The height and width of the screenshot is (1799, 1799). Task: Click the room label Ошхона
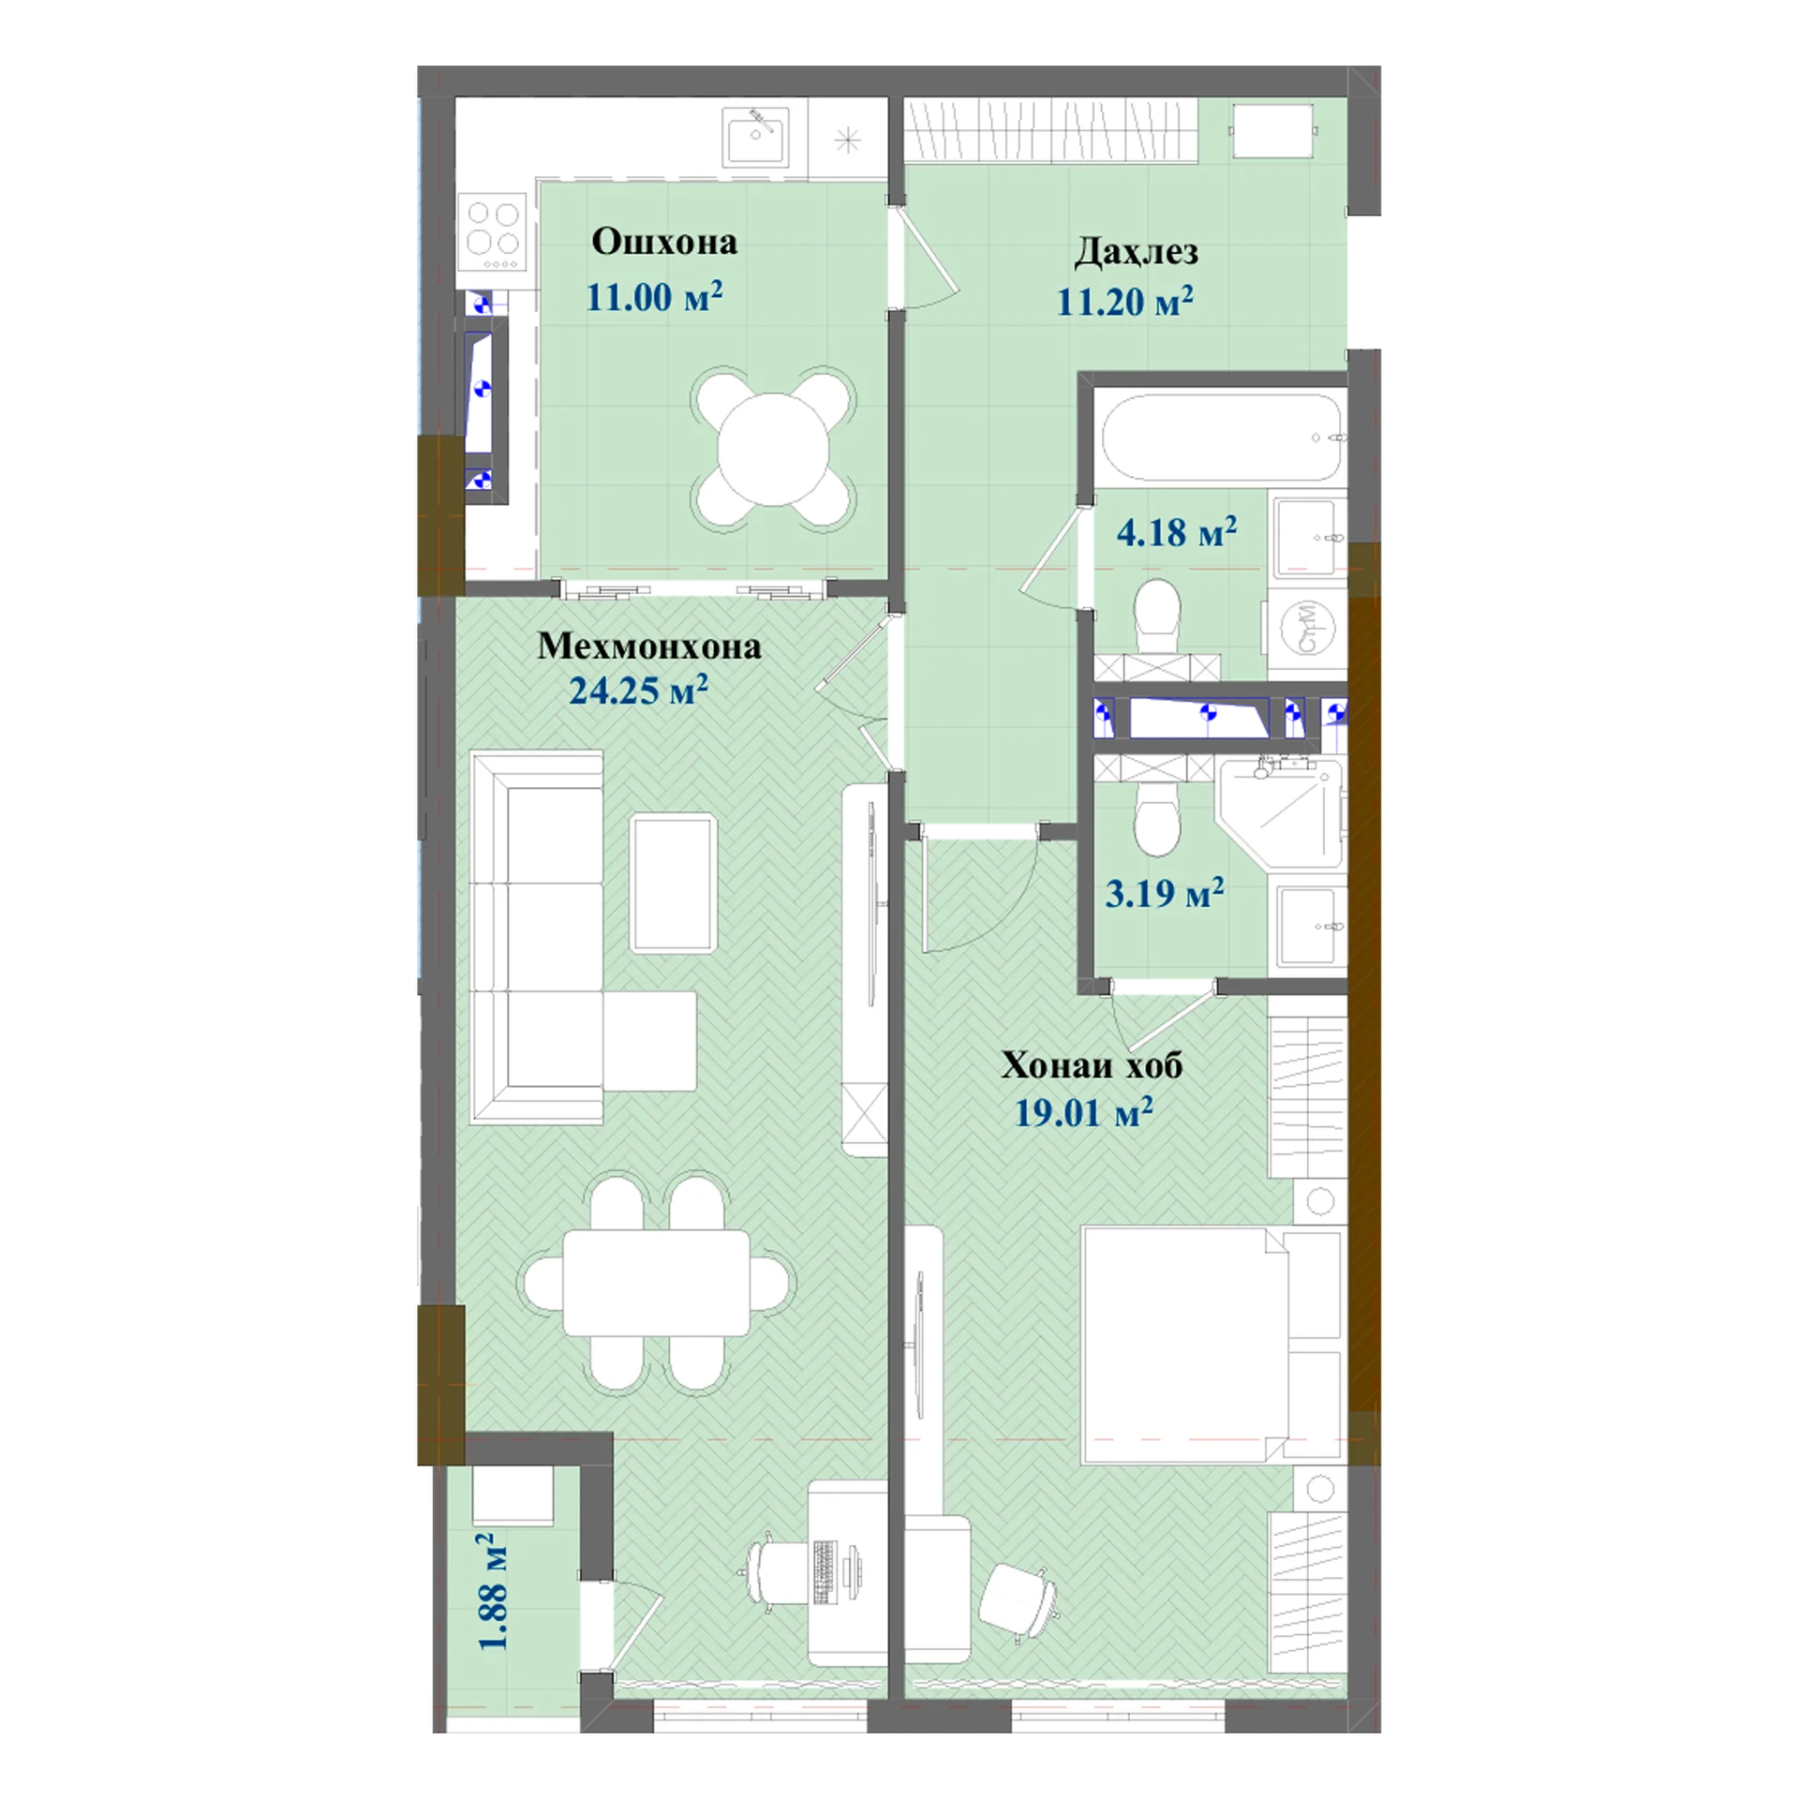click(x=663, y=242)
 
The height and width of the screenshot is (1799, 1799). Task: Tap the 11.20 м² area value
click(x=1124, y=301)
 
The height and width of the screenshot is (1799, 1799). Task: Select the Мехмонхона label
click(x=648, y=647)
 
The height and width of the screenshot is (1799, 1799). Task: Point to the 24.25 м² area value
click(x=638, y=691)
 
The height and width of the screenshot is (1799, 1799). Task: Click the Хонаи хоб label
click(x=1092, y=1065)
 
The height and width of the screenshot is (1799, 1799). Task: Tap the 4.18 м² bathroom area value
click(x=1176, y=532)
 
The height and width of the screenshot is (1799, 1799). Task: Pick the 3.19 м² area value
click(x=1165, y=893)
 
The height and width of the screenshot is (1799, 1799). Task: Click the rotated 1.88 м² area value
click(x=493, y=1591)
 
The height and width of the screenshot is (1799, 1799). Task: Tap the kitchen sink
click(x=754, y=138)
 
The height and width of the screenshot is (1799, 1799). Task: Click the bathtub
click(x=1225, y=438)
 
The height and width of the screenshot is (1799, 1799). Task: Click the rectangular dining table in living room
click(x=656, y=1283)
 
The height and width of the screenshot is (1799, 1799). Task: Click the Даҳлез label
click(x=1136, y=252)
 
